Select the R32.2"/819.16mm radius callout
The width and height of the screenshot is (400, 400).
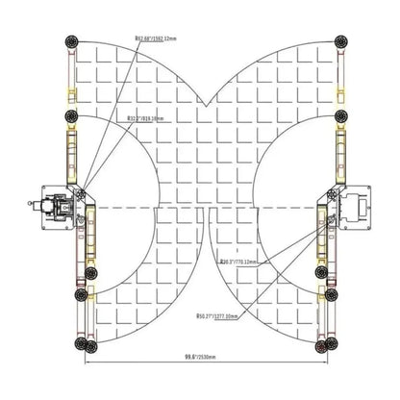144,119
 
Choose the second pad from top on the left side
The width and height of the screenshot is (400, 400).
70,116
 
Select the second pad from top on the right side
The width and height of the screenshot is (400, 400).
340,116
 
